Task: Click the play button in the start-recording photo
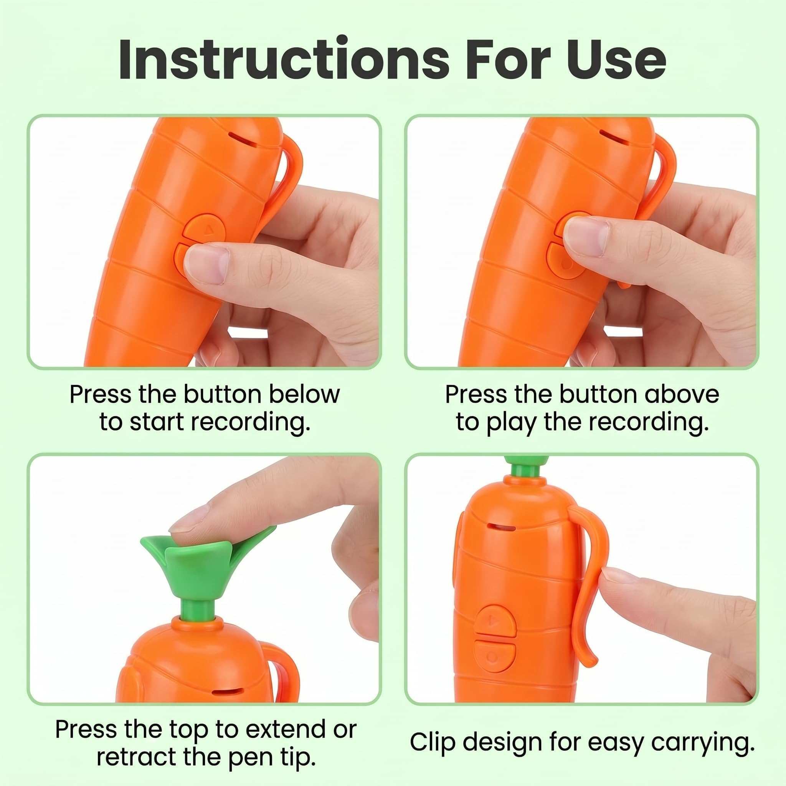205,229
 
